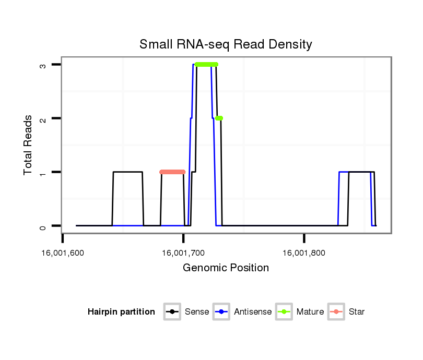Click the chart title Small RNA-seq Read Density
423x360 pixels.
tap(226, 44)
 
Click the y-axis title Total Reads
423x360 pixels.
tap(28, 145)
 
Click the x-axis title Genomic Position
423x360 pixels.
tap(226, 268)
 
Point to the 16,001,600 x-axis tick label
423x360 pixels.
tap(62, 254)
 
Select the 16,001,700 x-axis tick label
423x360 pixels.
tap(183, 254)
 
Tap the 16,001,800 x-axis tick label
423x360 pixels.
tap(304, 254)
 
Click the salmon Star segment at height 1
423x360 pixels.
tap(172, 172)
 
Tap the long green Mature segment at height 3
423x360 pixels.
tap(206, 64)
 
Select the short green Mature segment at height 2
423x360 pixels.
tap(219, 118)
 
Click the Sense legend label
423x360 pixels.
tap(197, 312)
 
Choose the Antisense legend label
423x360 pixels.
tap(253, 312)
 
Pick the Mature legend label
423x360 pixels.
tap(310, 312)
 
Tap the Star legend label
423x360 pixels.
tap(357, 312)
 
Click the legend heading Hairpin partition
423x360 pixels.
tap(121, 312)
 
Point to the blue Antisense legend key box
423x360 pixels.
tap(222, 312)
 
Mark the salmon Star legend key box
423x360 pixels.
tap(336, 312)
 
